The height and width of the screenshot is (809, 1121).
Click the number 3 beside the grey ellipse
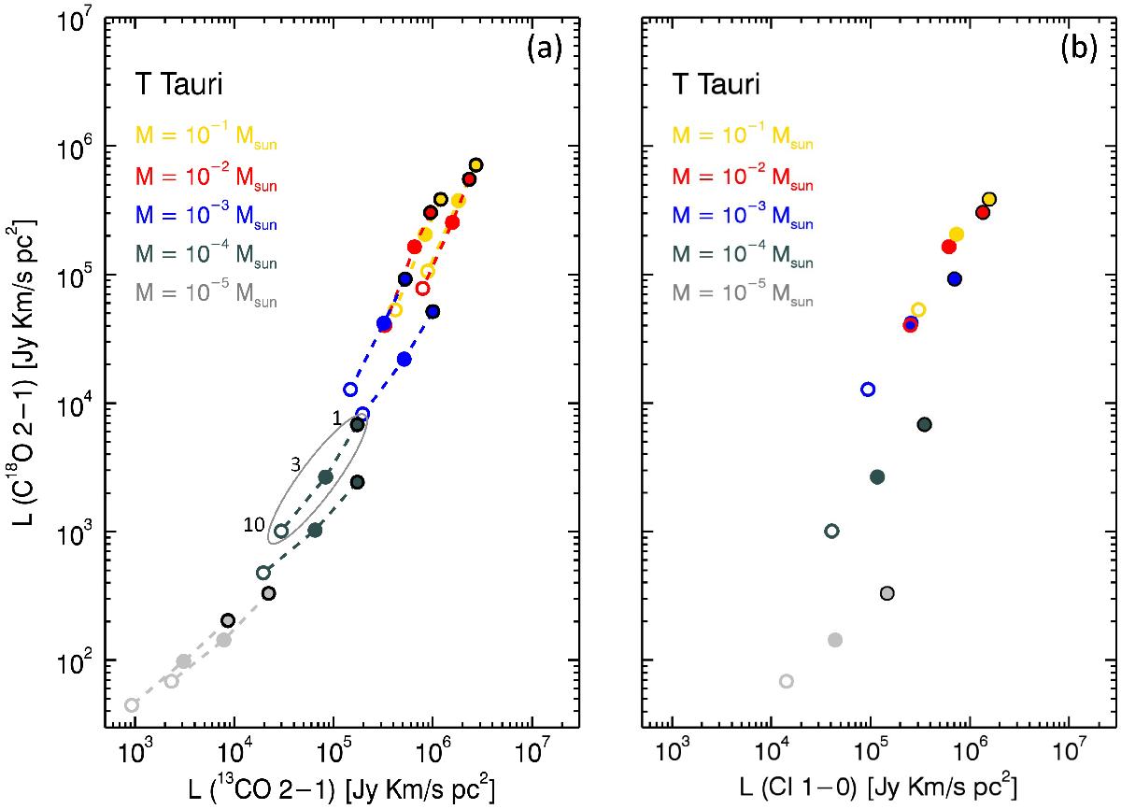294,464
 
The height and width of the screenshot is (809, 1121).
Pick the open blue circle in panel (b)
868,389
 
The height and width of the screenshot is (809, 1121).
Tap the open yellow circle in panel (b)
918,310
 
